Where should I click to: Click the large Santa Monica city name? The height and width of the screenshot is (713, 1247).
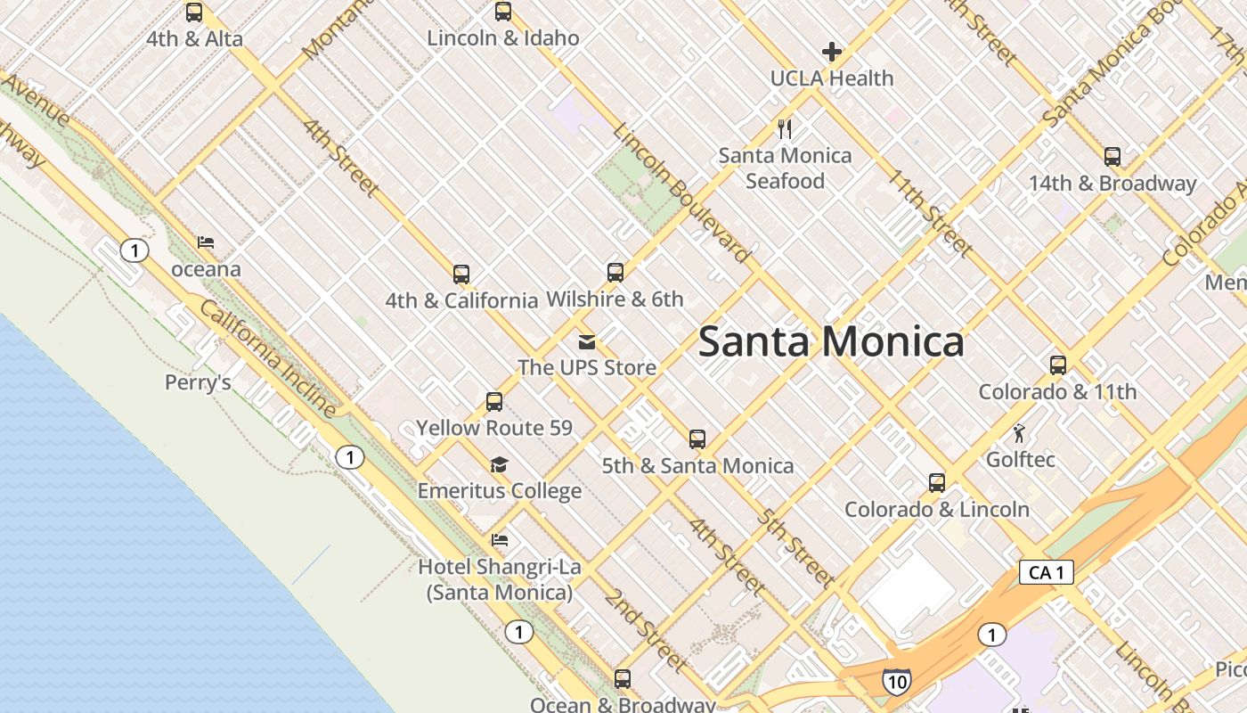point(830,341)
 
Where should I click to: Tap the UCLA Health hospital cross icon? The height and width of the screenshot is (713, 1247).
point(831,52)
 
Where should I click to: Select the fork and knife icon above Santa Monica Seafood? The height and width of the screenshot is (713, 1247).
point(785,129)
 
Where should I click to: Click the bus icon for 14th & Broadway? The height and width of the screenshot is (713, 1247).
point(1112,157)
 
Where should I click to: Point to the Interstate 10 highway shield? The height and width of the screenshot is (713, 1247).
point(896,682)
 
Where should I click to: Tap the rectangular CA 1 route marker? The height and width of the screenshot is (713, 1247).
point(1046,572)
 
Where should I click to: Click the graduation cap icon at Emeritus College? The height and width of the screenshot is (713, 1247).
point(499,465)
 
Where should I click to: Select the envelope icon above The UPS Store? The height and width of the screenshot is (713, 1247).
point(586,341)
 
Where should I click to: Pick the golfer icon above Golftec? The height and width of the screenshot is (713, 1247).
point(1019,434)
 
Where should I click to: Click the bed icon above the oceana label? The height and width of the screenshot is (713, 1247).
point(206,242)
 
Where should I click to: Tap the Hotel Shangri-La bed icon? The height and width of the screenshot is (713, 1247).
point(499,540)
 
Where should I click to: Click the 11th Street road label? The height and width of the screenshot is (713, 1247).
point(926,211)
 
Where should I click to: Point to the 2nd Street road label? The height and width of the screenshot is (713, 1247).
point(646,629)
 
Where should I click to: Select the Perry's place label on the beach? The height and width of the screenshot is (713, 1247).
point(198,382)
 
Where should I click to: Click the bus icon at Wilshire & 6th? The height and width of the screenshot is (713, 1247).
point(615,273)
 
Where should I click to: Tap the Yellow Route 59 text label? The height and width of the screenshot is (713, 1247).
point(494,428)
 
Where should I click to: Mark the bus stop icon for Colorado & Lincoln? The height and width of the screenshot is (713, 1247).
point(936,483)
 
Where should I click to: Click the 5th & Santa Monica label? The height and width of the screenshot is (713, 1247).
point(697,465)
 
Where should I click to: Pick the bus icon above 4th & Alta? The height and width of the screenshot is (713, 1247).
point(193,12)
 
